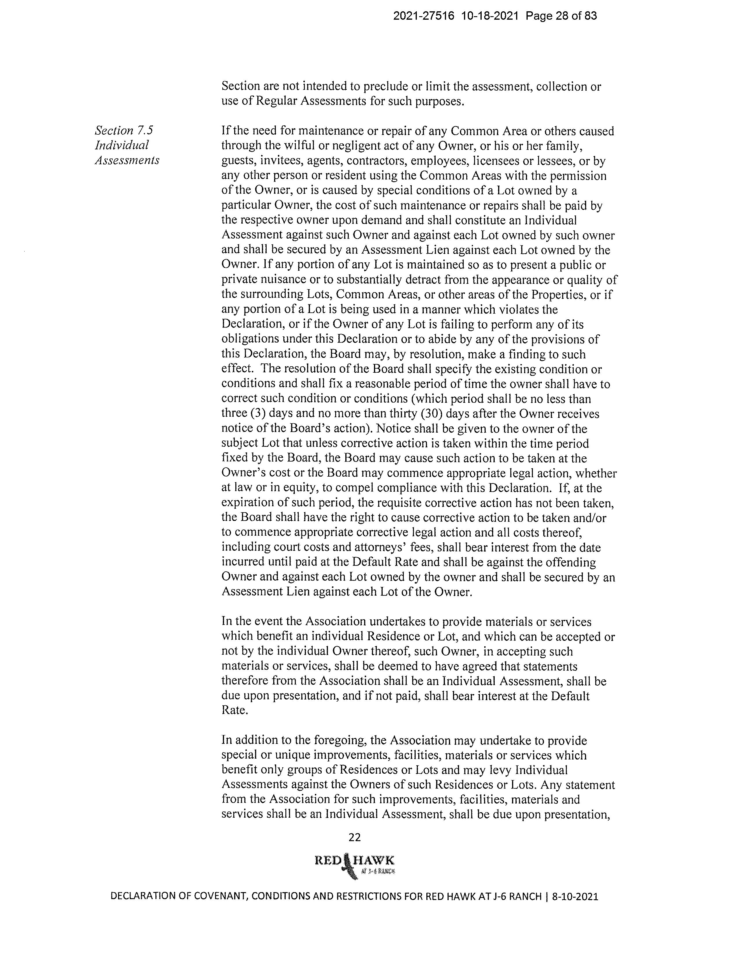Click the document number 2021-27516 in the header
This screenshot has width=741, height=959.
pos(425,16)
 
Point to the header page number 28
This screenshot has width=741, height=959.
pos(564,16)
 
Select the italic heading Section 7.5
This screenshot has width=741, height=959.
pos(124,130)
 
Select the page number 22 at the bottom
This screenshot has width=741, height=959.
pos(354,837)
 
